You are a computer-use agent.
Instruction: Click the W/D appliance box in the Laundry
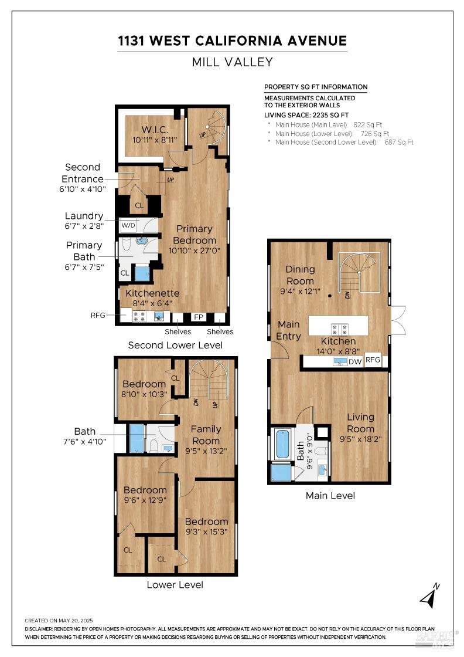128,225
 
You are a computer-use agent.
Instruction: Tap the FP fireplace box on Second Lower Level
199,317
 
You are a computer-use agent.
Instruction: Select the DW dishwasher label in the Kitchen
355,361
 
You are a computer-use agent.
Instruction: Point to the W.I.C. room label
155,130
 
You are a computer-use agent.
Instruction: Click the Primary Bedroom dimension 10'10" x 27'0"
195,250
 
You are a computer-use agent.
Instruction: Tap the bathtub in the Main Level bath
283,444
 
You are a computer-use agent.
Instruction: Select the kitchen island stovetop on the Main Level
339,328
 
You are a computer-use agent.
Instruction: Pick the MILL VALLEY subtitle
232,62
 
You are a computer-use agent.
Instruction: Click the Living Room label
360,423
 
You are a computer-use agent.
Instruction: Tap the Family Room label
206,435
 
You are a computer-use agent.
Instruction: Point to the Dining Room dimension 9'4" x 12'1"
300,291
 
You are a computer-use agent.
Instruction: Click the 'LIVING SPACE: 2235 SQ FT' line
306,115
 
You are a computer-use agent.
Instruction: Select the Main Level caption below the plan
330,496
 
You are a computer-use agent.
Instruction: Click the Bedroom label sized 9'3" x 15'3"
207,521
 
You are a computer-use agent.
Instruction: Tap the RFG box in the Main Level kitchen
373,360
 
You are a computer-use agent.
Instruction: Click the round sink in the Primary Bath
142,241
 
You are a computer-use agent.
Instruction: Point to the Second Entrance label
83,173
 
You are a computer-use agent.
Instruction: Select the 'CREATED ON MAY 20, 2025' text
59,621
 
